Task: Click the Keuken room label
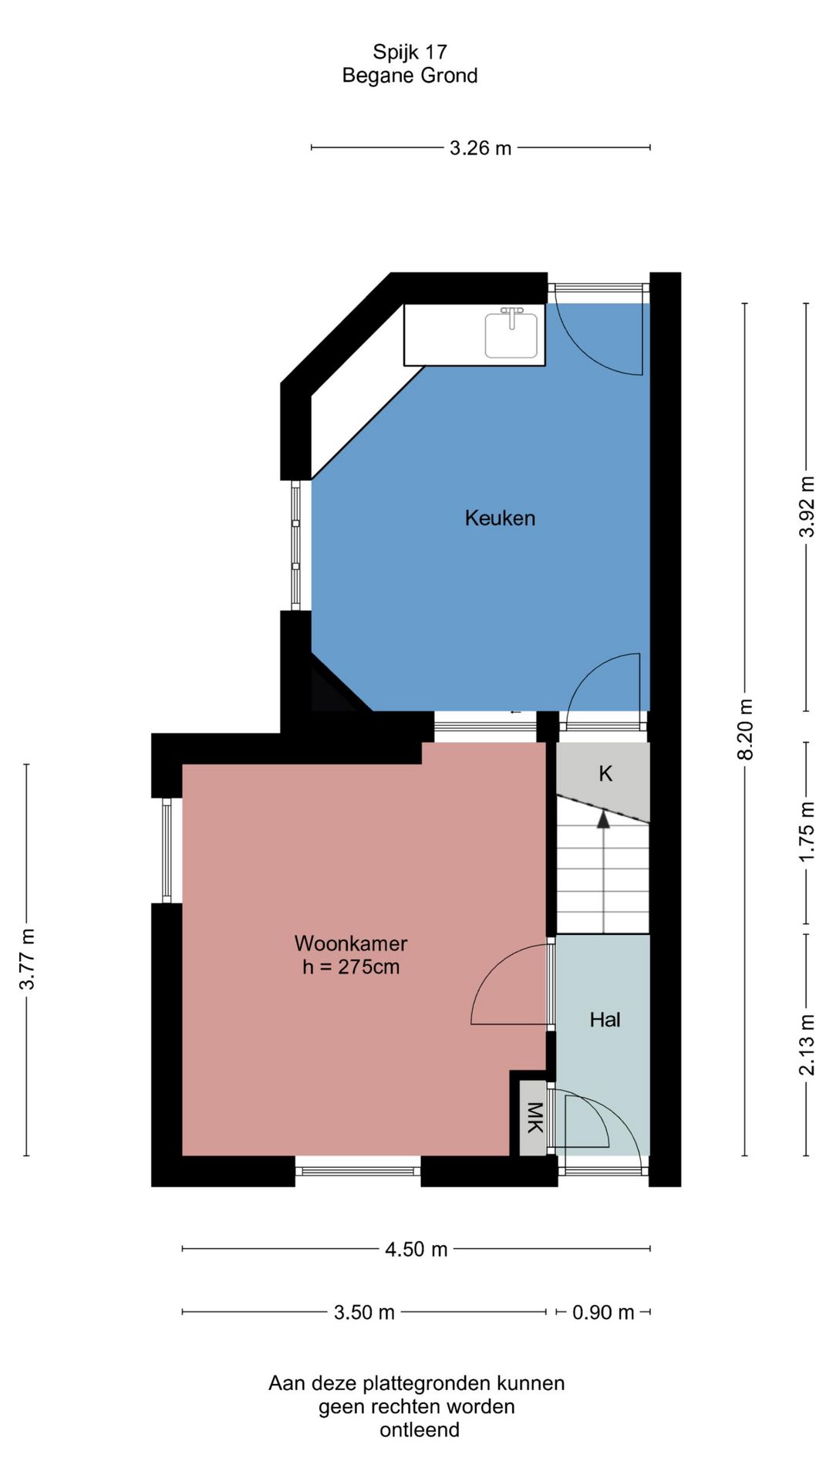[x=500, y=518]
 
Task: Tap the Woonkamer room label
[x=351, y=943]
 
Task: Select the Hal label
[x=605, y=1020]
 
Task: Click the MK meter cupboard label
[x=534, y=1118]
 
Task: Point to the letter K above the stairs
[x=605, y=774]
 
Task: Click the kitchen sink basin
[x=511, y=336]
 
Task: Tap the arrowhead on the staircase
[x=603, y=819]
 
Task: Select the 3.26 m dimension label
[x=481, y=148]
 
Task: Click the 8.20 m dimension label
[x=745, y=730]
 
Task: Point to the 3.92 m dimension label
[x=807, y=507]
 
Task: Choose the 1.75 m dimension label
[x=807, y=832]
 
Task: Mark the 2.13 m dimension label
[x=807, y=1045]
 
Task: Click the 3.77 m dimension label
[x=27, y=960]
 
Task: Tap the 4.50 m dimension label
[x=416, y=1250]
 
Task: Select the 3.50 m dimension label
[x=364, y=1312]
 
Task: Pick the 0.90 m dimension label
[x=603, y=1312]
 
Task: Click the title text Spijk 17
[x=410, y=52]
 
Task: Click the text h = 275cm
[x=351, y=967]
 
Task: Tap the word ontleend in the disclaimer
[x=420, y=1429]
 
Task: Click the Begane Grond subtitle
[x=410, y=76]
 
